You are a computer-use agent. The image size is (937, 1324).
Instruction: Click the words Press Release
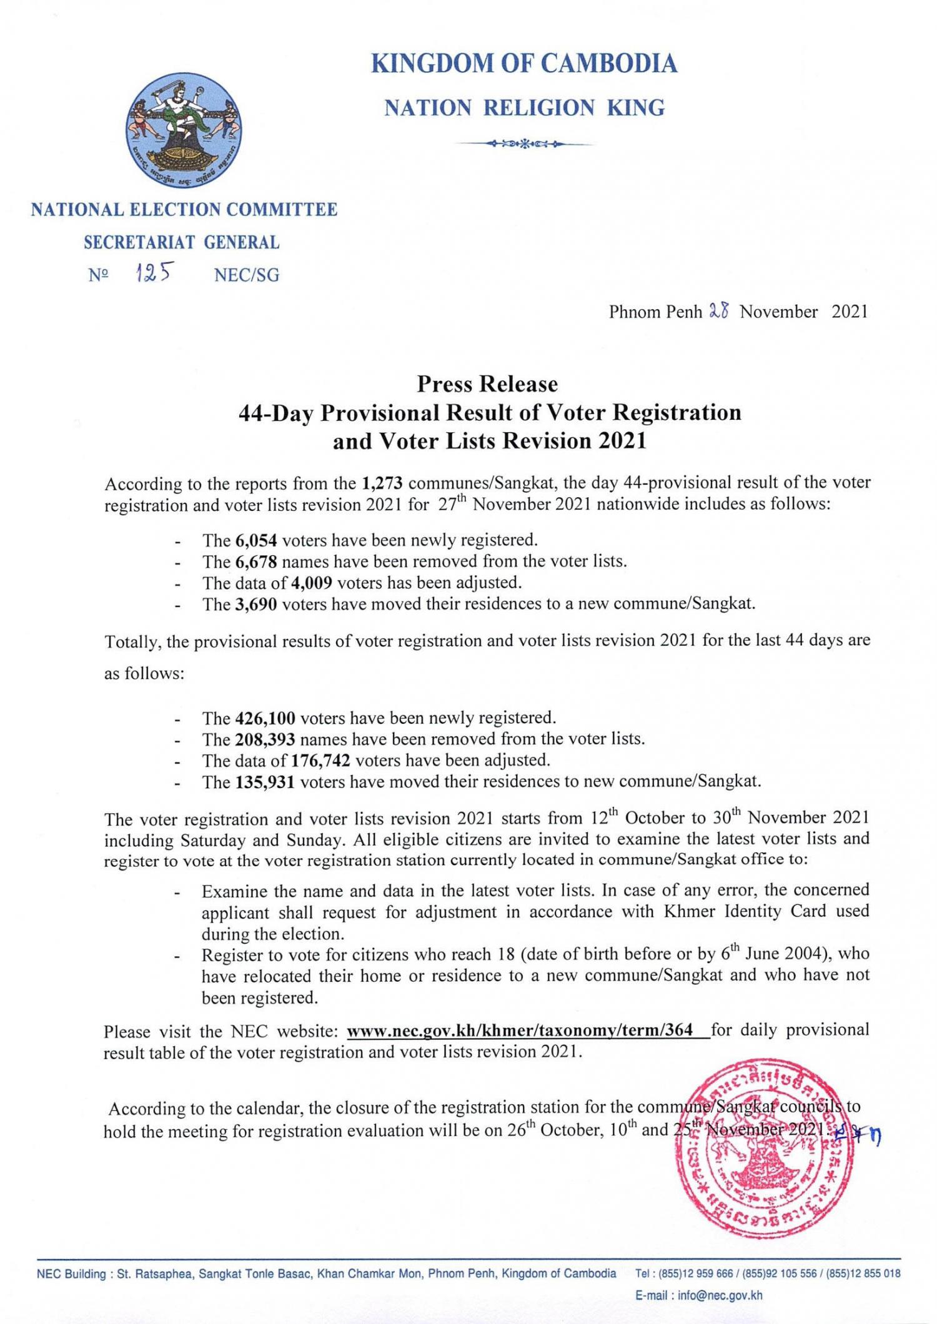(x=487, y=383)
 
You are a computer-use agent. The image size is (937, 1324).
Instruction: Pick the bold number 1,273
(x=382, y=483)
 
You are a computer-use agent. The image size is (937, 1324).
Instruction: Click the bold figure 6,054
(x=256, y=540)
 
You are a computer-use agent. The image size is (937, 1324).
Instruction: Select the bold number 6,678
(x=256, y=561)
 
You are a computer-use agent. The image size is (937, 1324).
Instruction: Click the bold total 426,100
(x=265, y=718)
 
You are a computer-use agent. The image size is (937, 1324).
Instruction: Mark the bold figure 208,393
(x=265, y=739)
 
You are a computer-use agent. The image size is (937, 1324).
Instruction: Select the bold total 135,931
(x=265, y=782)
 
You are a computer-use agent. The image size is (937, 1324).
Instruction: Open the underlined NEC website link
(x=520, y=1030)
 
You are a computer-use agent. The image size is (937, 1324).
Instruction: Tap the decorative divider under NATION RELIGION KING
(x=524, y=144)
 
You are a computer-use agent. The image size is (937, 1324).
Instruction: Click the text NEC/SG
(x=246, y=275)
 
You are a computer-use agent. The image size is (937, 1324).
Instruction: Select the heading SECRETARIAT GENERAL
(x=182, y=242)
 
